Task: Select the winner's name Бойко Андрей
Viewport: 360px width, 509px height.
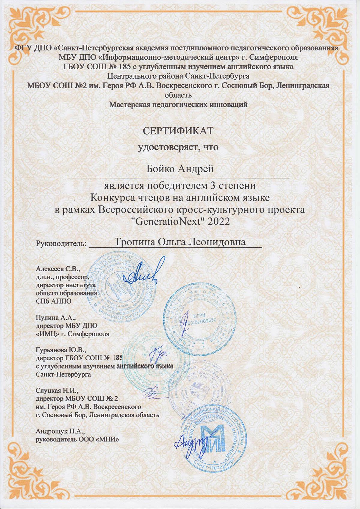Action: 180,169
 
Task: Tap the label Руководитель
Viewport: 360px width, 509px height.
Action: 61,243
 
